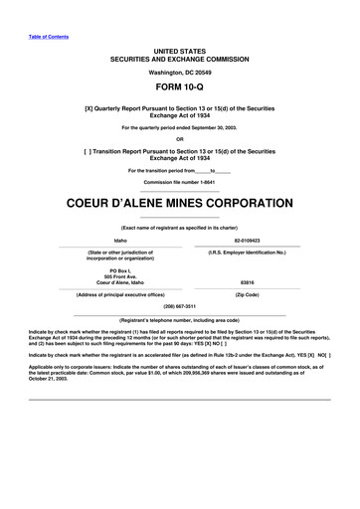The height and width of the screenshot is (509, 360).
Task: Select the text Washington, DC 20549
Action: point(179,73)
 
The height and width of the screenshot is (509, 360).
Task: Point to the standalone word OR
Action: point(180,139)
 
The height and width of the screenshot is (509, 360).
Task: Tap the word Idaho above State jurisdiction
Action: point(120,240)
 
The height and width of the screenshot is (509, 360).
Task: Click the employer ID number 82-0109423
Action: point(247,240)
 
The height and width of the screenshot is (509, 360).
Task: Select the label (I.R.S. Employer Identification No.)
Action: point(247,253)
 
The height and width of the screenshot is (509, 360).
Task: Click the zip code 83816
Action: point(247,282)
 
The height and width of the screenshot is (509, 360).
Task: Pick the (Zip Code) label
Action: point(247,294)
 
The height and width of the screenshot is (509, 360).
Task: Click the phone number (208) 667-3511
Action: point(179,306)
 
